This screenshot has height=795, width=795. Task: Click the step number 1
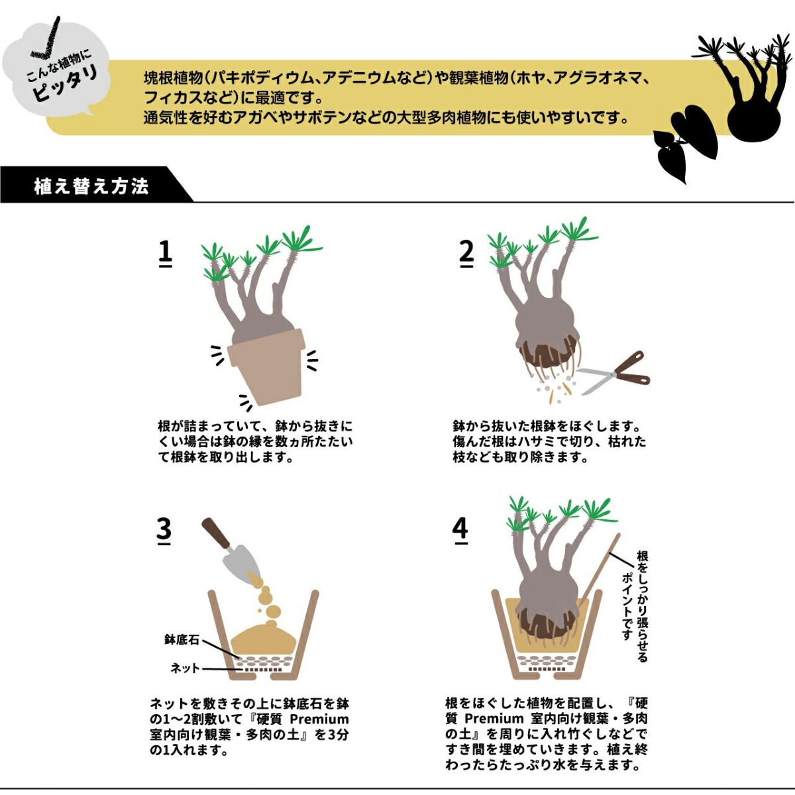[x=165, y=252]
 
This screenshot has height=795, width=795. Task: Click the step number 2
[x=466, y=252]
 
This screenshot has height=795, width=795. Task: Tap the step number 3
[x=164, y=530]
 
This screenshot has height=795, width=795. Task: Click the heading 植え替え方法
[x=91, y=186]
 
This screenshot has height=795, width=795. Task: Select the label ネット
[x=185, y=668]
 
